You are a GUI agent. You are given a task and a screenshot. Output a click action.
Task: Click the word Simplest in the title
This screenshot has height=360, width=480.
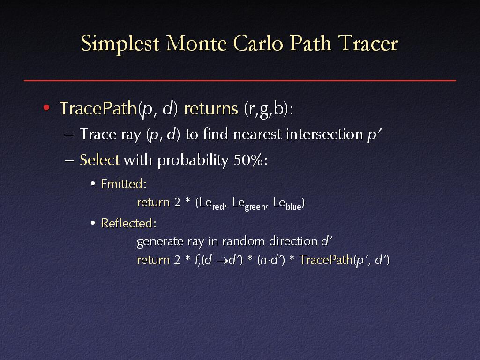click(120, 44)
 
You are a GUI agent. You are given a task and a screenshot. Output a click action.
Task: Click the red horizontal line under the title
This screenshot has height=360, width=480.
click(240, 80)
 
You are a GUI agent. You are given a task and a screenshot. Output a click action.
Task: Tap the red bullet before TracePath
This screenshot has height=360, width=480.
click(46, 107)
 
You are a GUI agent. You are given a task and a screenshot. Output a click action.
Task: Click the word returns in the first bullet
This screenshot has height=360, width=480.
click(211, 108)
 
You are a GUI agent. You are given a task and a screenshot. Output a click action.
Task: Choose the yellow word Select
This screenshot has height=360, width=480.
click(99, 160)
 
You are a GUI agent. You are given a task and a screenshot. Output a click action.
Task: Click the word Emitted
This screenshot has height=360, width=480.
click(124, 184)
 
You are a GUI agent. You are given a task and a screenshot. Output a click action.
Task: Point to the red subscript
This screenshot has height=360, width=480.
click(218, 207)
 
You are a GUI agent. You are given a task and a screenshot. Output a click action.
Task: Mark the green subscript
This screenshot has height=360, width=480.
click(255, 207)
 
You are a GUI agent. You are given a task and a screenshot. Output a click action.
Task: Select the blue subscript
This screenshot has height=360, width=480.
click(293, 207)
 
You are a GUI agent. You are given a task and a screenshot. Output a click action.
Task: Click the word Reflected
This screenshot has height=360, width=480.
click(128, 223)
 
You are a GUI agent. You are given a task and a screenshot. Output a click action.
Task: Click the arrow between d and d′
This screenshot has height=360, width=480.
click(222, 261)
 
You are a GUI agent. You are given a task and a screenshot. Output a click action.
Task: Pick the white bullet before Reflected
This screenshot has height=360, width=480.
click(93, 223)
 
